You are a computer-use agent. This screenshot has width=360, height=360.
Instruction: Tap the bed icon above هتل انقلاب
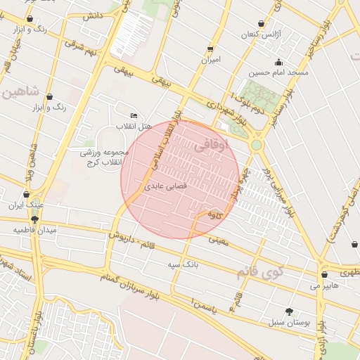coord(134,115)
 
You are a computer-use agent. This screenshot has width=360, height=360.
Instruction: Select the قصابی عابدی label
coord(165,187)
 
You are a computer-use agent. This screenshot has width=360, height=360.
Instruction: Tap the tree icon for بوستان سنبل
coord(289,311)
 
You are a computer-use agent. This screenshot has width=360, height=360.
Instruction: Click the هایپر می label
coord(324,286)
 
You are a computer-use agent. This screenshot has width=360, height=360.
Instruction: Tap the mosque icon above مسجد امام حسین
coord(279,60)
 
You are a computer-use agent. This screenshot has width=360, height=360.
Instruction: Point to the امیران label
coord(210,60)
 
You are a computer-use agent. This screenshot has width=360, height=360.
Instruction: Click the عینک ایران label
coord(26,205)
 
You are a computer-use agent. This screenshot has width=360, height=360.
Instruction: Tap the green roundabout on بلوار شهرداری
coord(256,145)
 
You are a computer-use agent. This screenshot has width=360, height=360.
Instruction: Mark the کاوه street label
coord(215,215)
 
